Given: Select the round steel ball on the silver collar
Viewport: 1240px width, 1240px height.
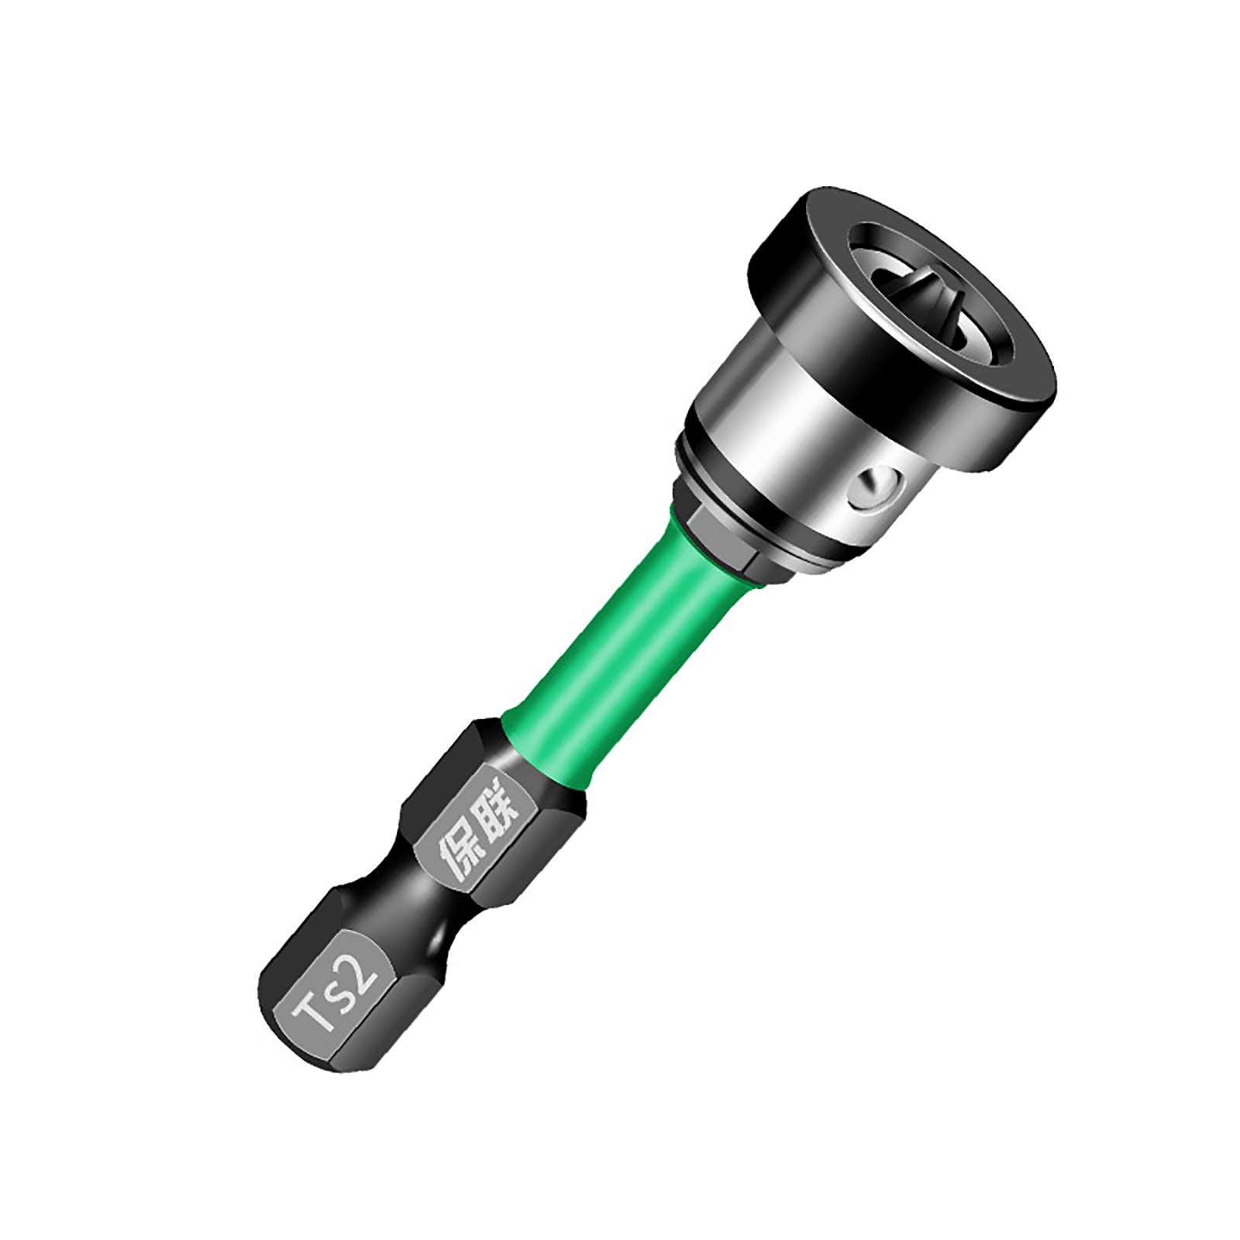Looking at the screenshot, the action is tap(873, 488).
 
